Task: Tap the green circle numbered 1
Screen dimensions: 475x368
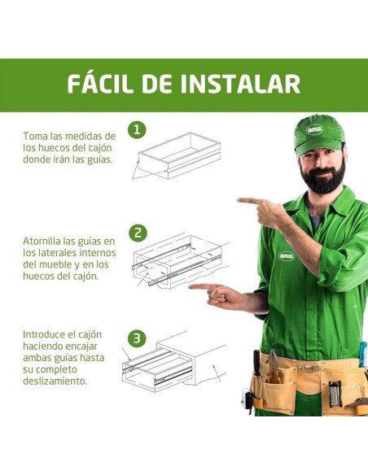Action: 138,129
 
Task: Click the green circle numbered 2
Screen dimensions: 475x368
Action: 138,233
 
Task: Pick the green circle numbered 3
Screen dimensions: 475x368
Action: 138,338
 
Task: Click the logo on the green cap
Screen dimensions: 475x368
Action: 315,129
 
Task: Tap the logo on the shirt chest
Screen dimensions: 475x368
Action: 286,255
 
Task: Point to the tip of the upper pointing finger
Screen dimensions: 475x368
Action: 239,199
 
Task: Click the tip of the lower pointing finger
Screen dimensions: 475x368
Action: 191,286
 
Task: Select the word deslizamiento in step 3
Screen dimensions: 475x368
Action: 54,380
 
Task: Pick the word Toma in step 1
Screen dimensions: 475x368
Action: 37,136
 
